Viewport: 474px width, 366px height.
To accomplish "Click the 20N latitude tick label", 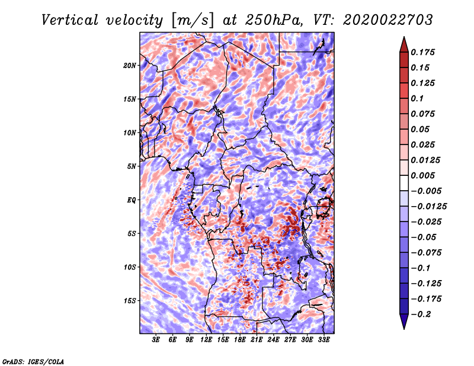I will pos(130,65).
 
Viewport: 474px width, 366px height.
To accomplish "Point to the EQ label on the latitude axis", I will pos(132,200).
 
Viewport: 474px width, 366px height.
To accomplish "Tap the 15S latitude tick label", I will pos(130,301).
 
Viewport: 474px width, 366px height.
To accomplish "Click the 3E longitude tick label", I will pos(156,340).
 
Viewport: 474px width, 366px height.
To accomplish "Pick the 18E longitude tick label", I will pos(240,340).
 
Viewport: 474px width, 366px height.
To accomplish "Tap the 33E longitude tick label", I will pos(324,340).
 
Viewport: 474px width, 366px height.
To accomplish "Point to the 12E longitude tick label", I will pos(207,340).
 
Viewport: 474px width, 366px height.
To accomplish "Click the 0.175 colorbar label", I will pos(423,53).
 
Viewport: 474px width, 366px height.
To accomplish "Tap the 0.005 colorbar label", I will pos(423,176).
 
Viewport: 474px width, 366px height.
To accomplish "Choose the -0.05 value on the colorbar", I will pos(422,237).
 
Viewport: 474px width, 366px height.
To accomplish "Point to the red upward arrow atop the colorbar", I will pos(403,43).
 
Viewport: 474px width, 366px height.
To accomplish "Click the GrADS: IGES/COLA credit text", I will pos(33,361).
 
